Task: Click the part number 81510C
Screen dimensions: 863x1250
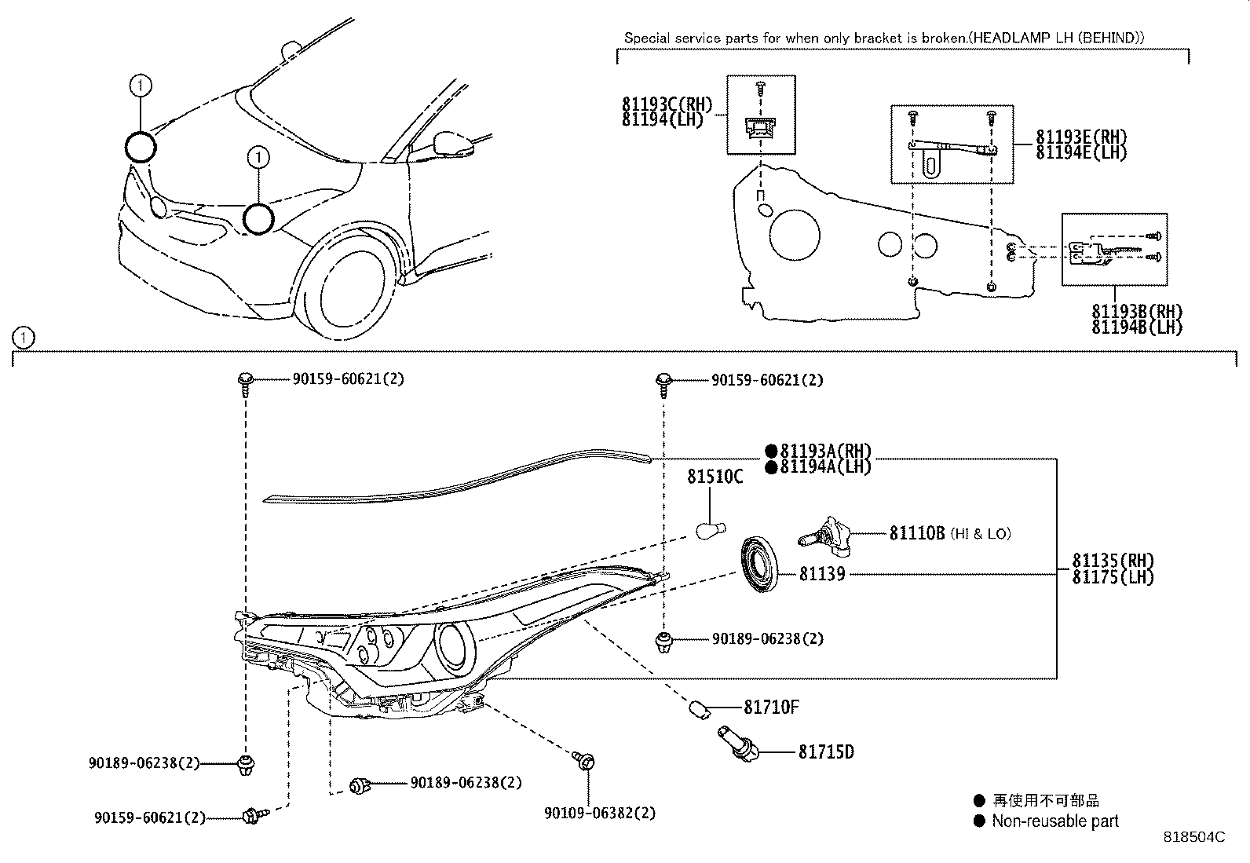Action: click(x=715, y=477)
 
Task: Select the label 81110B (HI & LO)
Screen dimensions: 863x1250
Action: click(x=949, y=533)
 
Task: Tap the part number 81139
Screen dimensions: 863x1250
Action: click(x=822, y=574)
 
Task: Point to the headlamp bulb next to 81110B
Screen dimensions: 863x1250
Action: click(x=828, y=535)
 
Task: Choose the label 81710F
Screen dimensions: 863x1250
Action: click(x=771, y=708)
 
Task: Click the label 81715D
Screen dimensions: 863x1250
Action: click(x=826, y=752)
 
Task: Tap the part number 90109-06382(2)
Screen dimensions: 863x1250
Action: click(x=600, y=813)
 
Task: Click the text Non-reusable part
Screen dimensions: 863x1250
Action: click(x=1054, y=821)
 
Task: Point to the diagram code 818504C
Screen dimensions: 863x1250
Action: click(x=1193, y=837)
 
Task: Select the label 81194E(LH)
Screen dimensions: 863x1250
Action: click(x=1081, y=152)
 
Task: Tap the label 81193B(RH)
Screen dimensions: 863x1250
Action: click(x=1137, y=312)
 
